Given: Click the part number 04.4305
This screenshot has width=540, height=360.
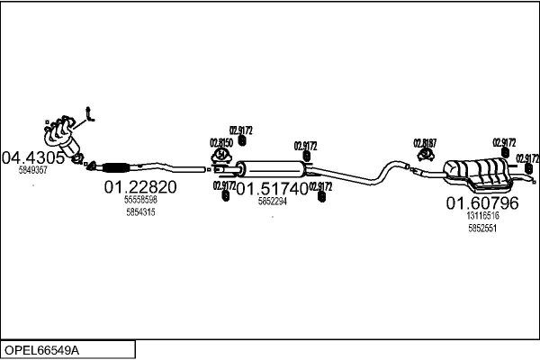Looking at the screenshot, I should [x=32, y=157].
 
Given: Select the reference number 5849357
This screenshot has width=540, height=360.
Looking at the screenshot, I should [x=32, y=169].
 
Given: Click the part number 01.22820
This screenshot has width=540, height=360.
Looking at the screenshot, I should [x=140, y=187].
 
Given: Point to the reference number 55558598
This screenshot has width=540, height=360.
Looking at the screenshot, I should [x=140, y=200].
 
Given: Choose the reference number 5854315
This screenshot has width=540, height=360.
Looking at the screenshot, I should [x=140, y=212].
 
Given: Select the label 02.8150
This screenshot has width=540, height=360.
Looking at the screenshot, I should [x=221, y=142].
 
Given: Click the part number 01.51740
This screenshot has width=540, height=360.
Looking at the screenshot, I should [x=272, y=189].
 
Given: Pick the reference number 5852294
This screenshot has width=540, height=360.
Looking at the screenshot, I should [x=272, y=202].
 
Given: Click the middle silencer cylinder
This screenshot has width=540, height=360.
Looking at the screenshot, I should [x=273, y=168].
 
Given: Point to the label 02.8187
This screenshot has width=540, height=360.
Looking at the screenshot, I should [x=425, y=142].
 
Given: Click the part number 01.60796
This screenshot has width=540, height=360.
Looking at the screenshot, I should [x=482, y=203].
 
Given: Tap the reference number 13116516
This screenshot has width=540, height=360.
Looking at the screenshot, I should [x=482, y=216].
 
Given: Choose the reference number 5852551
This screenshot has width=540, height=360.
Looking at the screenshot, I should [x=482, y=229].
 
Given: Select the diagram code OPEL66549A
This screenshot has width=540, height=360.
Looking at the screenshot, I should [x=43, y=348].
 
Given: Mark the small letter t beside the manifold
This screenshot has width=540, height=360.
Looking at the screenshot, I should [x=88, y=113].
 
